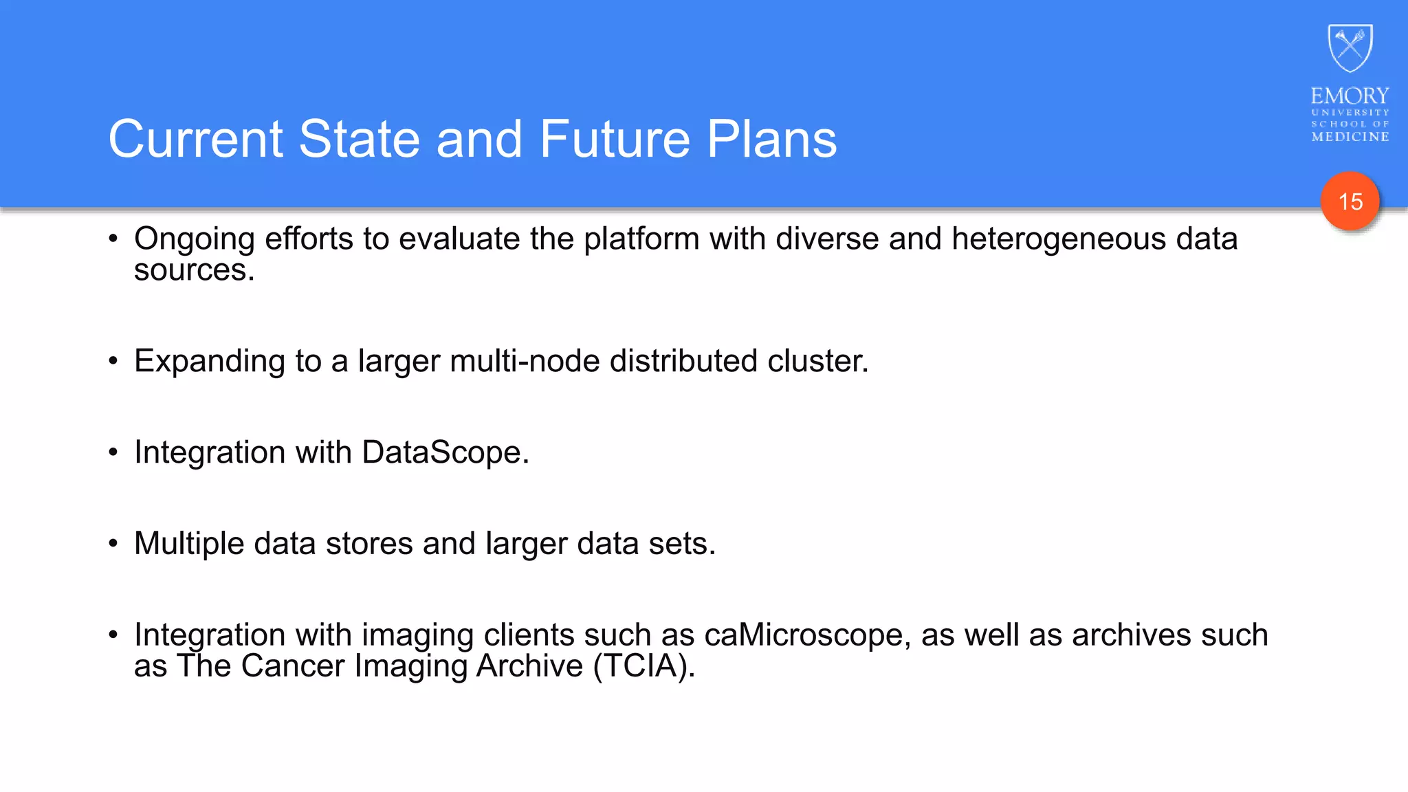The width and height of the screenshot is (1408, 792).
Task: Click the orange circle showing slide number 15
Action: click(1350, 201)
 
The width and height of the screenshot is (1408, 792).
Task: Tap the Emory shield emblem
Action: click(1350, 48)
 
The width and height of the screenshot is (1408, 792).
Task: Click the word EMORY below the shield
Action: click(1350, 96)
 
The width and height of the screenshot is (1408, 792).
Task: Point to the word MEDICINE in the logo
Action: click(1350, 137)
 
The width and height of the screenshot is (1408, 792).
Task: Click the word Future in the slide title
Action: click(614, 140)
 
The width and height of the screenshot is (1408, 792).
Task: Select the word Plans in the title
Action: click(771, 140)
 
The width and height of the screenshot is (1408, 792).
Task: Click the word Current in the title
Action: click(195, 140)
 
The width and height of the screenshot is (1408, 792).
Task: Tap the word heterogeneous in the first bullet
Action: click(1059, 239)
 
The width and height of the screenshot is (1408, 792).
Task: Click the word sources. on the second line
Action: click(194, 270)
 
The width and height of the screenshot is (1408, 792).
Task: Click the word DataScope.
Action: click(445, 452)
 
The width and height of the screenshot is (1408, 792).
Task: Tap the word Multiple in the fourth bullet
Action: click(189, 544)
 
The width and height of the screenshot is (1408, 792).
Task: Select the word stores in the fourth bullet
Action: click(369, 544)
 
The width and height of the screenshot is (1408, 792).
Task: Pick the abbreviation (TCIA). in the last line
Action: click(644, 666)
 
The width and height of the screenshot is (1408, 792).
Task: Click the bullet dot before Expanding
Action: click(113, 361)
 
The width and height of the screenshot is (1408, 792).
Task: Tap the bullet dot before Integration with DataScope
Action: click(113, 452)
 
